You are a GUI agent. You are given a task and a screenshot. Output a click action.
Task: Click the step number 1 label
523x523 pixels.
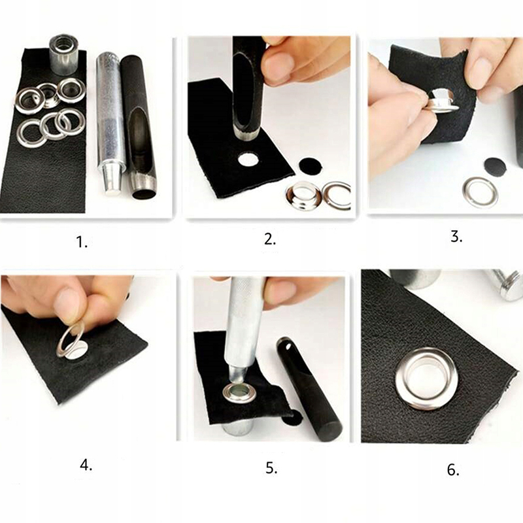[x=82, y=242]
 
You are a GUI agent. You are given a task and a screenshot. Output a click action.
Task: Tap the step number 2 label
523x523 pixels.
[x=270, y=239]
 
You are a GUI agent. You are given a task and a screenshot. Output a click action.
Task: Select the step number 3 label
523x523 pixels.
[x=456, y=237]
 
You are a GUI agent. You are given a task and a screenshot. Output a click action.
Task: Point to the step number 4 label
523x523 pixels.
[x=86, y=465]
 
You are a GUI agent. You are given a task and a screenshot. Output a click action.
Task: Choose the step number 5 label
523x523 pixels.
[x=271, y=468]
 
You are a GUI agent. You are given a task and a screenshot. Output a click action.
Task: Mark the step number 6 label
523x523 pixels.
[x=453, y=469]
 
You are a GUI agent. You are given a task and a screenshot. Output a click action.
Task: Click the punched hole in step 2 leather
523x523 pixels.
[x=248, y=159]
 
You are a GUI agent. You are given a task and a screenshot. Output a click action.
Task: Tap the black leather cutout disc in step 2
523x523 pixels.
[x=310, y=165]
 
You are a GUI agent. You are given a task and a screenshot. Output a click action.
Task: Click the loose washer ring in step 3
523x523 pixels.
[x=480, y=192]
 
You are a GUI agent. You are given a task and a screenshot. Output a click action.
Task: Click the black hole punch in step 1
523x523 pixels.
[x=139, y=128]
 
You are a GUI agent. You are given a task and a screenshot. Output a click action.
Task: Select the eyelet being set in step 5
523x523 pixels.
[x=239, y=394]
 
